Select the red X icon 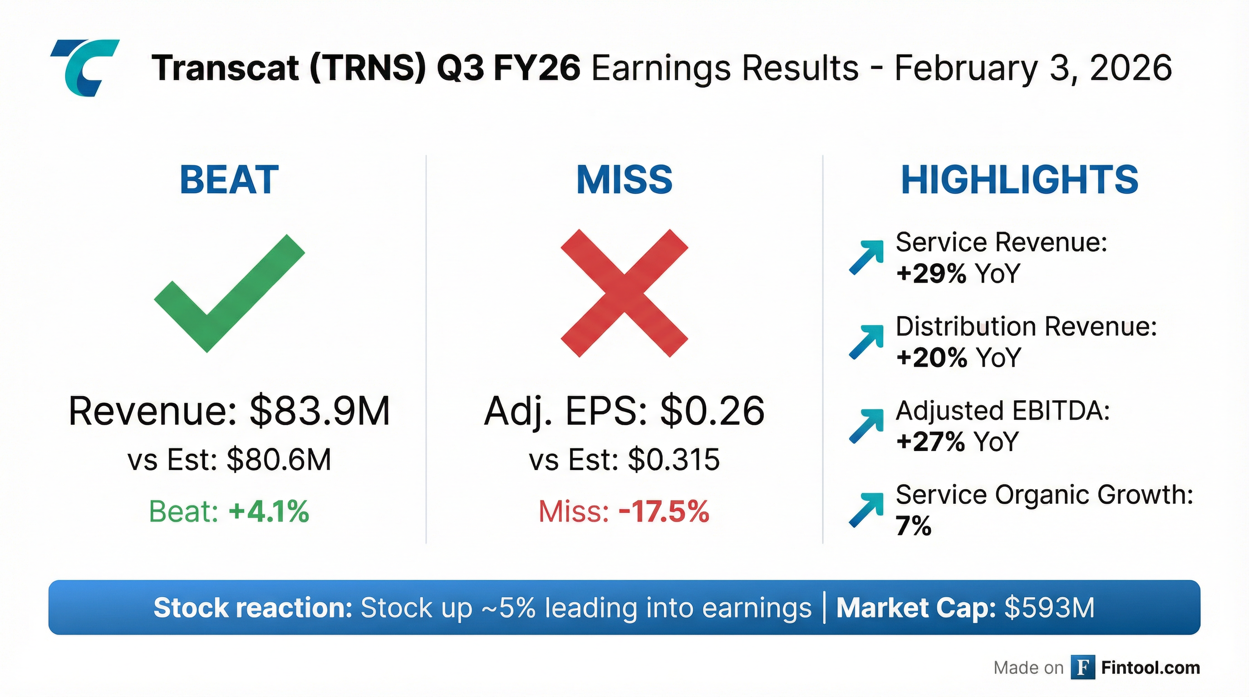click(624, 293)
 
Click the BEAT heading click(229, 180)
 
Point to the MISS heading click(624, 180)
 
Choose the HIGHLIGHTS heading click(1019, 180)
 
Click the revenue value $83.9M click(320, 411)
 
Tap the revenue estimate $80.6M click(279, 460)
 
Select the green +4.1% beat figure click(269, 511)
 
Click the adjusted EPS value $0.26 click(712, 411)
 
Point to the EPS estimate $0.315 click(674, 460)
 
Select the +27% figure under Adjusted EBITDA click(930, 442)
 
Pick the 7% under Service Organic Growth click(914, 526)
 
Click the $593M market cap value click(1049, 608)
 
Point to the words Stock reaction click(253, 608)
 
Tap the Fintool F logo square click(1083, 668)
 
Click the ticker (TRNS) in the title click(368, 68)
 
